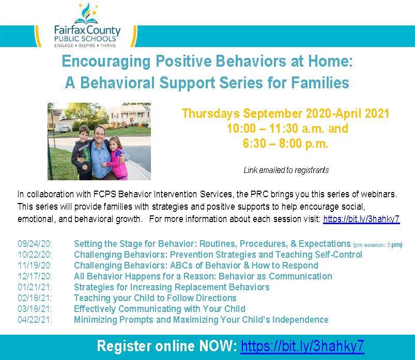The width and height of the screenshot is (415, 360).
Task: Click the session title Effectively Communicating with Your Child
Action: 159,309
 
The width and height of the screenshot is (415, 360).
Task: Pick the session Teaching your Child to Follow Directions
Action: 155,298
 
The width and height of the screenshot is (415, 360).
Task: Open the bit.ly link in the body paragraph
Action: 361,219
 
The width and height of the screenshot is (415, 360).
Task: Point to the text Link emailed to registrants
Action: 286,170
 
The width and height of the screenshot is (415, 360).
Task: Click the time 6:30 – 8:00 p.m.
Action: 285,144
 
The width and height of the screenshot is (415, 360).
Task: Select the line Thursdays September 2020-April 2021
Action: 285,113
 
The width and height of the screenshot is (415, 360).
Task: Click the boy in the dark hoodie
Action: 82,150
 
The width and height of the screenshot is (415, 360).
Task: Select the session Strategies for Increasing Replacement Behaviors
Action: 172,287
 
